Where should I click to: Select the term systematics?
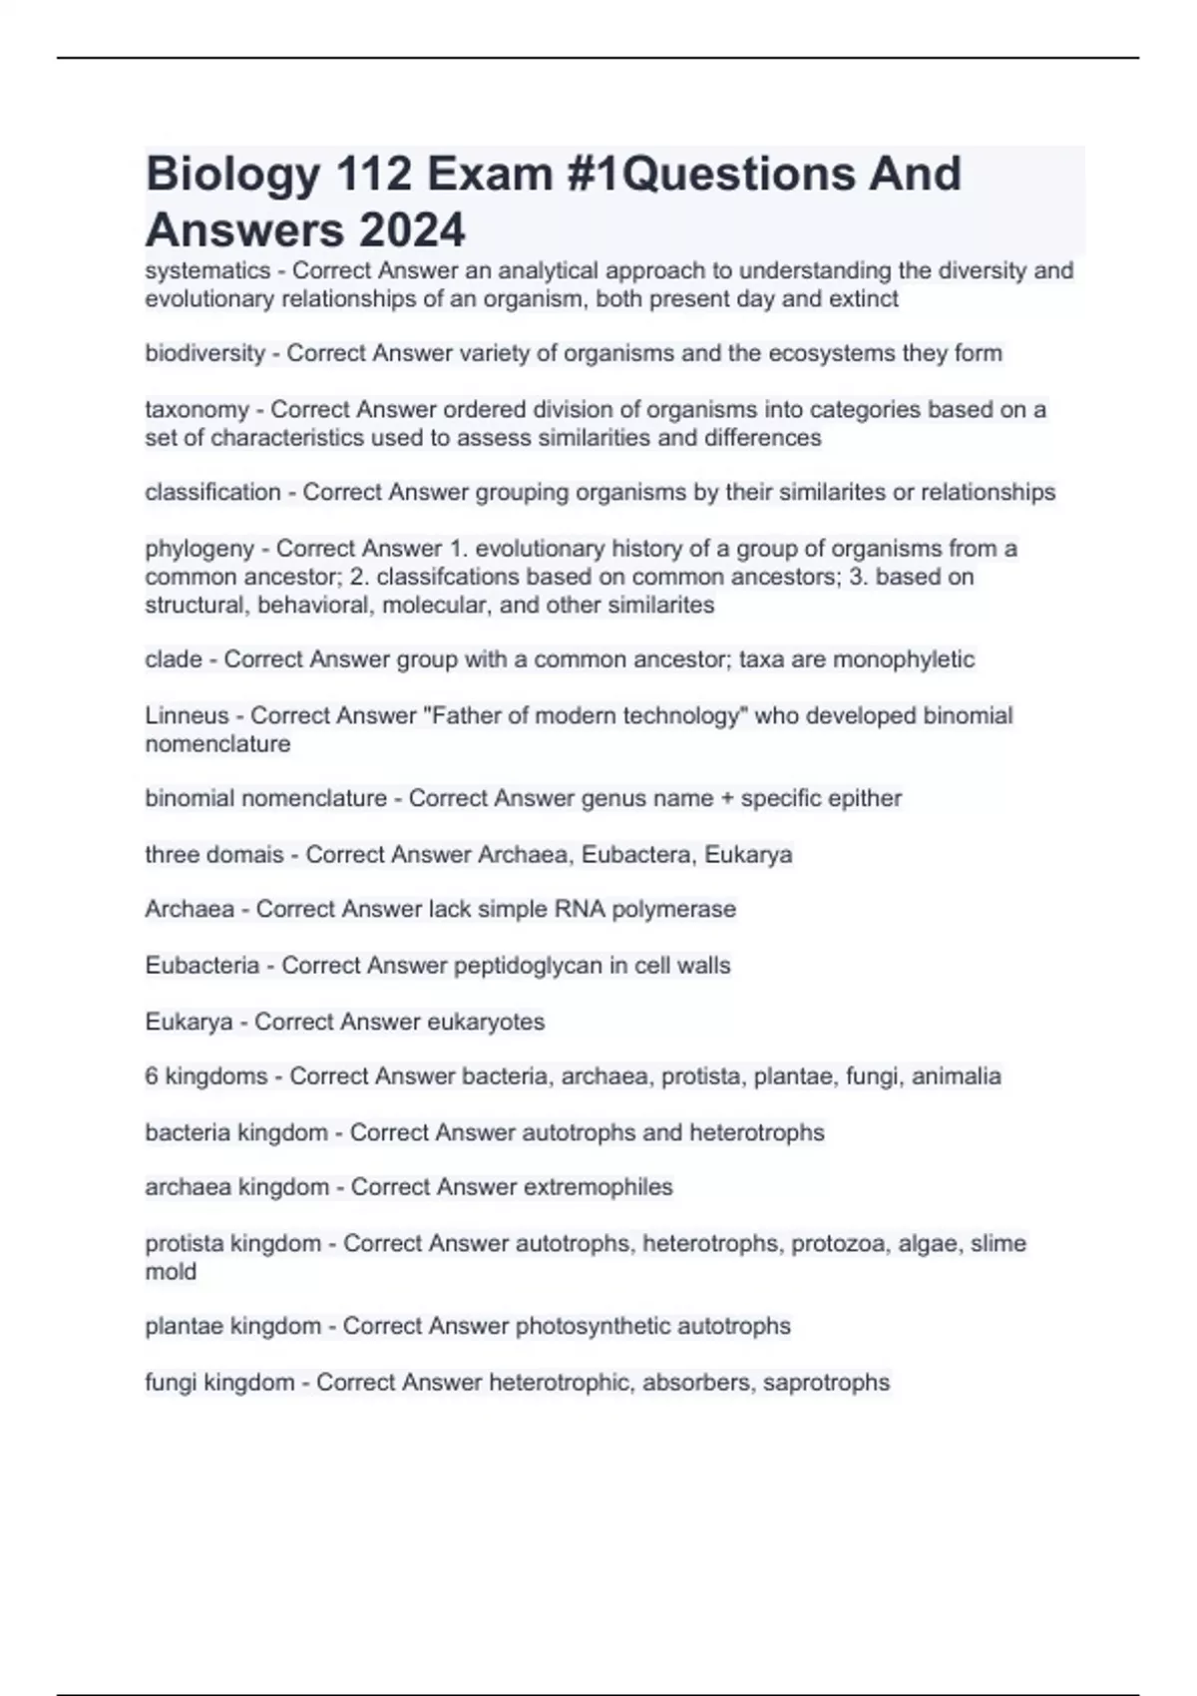(x=207, y=271)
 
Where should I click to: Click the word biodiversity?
(x=204, y=353)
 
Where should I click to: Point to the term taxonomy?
(x=197, y=410)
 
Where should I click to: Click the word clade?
(x=173, y=659)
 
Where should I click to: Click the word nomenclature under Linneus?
(x=217, y=744)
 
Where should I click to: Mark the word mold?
(x=171, y=1272)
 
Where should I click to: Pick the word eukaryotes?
(x=486, y=1023)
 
